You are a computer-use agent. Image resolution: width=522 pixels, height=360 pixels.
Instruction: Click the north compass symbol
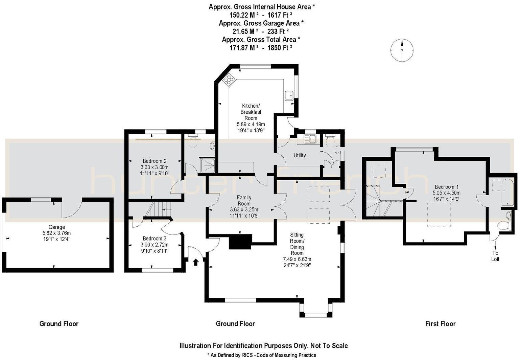(x=402, y=50)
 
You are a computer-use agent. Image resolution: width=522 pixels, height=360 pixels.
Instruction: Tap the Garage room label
(x=56, y=227)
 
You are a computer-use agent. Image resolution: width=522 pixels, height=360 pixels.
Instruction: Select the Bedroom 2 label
(x=155, y=161)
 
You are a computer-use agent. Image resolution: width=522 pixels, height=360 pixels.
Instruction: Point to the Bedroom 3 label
(x=155, y=239)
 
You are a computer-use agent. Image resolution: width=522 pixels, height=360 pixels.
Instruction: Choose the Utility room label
(x=300, y=156)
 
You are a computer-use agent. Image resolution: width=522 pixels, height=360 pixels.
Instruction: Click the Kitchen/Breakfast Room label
(x=251, y=112)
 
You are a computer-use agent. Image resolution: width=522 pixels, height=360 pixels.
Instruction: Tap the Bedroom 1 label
(x=447, y=187)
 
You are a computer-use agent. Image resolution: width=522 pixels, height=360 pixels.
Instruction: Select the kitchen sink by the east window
(x=289, y=96)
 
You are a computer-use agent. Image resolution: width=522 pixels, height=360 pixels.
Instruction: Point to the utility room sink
(x=309, y=139)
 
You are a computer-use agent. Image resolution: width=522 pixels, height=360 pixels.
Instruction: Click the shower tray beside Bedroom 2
(x=208, y=165)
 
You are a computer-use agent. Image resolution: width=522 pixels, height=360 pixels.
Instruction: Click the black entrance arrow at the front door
(x=195, y=262)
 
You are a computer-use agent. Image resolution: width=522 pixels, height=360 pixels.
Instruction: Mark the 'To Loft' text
(x=495, y=256)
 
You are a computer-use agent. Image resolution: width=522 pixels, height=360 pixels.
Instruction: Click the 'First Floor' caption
(x=440, y=324)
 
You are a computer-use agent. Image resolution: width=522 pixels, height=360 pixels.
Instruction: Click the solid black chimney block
(x=241, y=242)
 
